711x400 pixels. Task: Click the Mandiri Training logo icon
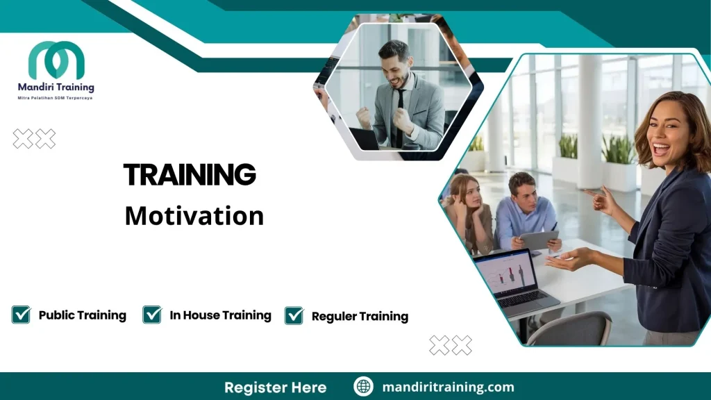click(x=56, y=60)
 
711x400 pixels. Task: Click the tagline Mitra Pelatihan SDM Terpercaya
click(x=55, y=98)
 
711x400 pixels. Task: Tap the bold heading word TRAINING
click(x=190, y=174)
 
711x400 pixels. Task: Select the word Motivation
click(x=194, y=215)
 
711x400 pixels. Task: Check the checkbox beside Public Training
click(x=22, y=315)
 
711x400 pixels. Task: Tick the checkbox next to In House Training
click(x=152, y=315)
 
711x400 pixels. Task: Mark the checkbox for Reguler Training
click(x=294, y=316)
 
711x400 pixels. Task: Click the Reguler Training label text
click(x=360, y=317)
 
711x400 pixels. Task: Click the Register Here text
click(x=275, y=387)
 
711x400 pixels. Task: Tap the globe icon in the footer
click(x=363, y=387)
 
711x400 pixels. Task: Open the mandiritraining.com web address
click(x=448, y=387)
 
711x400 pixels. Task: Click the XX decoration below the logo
click(x=34, y=139)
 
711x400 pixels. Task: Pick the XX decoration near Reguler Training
click(x=451, y=345)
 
